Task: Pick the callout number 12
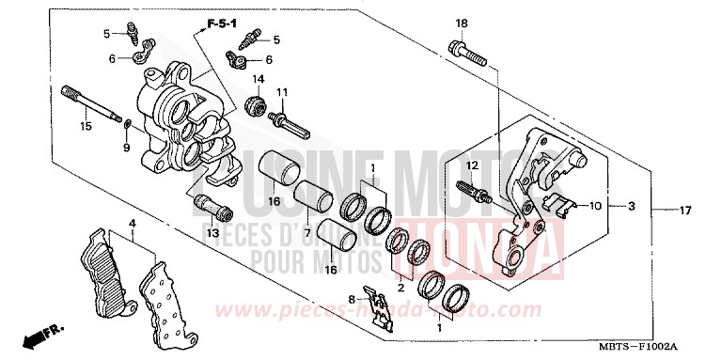(473, 165)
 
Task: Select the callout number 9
(128, 149)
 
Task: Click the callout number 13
(212, 233)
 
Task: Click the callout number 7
(306, 231)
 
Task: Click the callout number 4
(133, 223)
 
